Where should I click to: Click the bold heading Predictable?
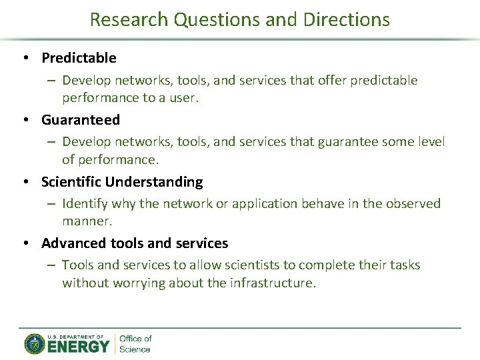click(x=79, y=58)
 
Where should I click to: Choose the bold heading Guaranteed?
click(x=81, y=120)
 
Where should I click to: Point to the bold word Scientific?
click(x=71, y=182)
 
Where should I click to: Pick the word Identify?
click(x=85, y=203)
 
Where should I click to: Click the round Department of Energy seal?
click(x=34, y=343)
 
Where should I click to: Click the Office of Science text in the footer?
click(x=135, y=343)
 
